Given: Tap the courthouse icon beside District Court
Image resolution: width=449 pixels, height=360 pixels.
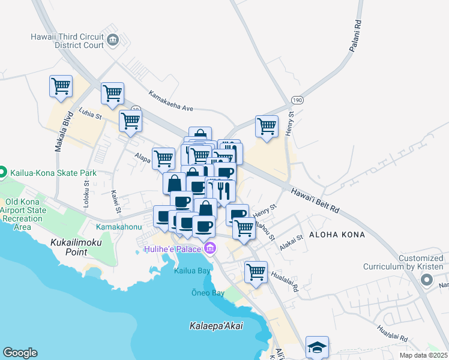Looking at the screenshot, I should [x=113, y=41].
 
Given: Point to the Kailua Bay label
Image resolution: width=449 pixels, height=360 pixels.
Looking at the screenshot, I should [x=191, y=271].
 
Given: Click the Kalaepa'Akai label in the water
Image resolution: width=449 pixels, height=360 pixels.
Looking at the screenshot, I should [x=211, y=326].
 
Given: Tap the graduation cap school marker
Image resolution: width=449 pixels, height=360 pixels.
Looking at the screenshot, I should [x=317, y=347].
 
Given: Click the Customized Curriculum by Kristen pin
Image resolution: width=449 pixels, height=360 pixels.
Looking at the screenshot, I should [x=427, y=280].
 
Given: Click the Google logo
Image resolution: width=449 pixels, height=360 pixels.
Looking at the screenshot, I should [x=20, y=353].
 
